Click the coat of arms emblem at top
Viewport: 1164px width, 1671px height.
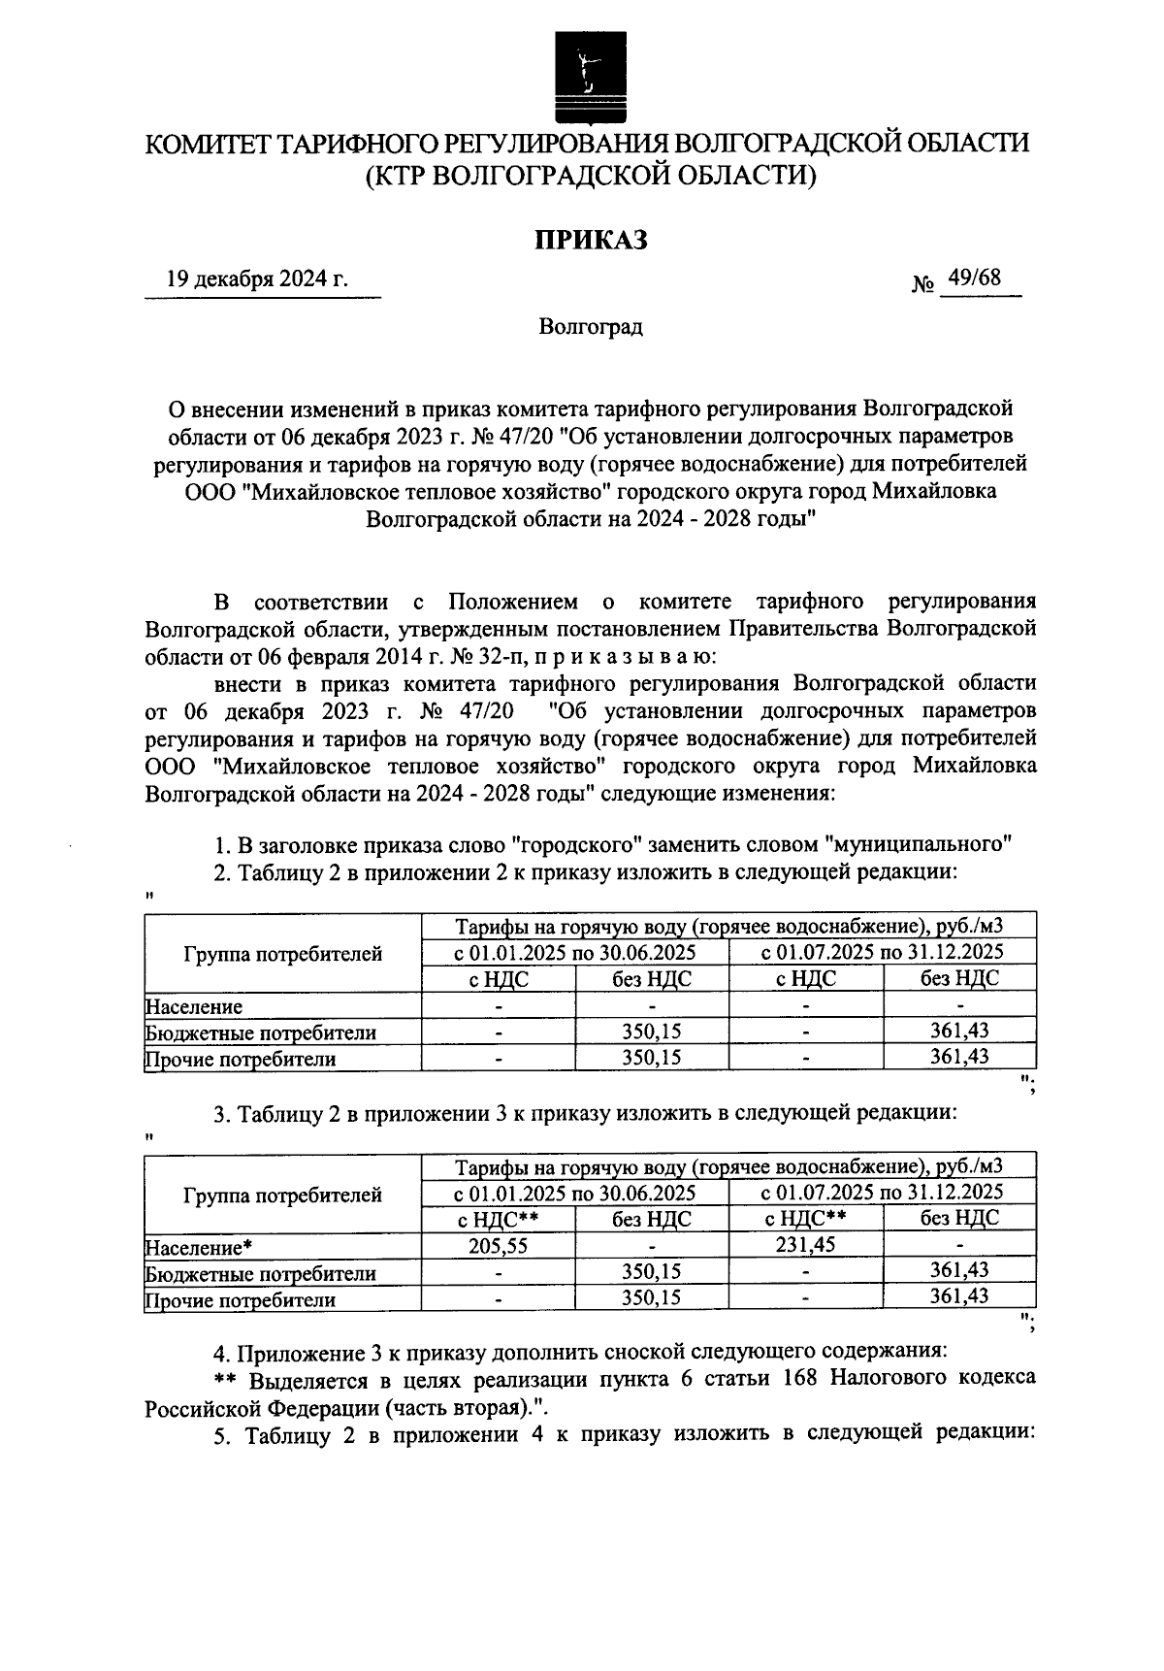point(585,73)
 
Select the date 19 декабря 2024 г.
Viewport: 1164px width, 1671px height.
point(257,280)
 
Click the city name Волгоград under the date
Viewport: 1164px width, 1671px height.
point(591,327)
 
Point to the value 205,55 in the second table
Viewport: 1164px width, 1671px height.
point(498,1246)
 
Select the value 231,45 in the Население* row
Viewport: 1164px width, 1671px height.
point(805,1244)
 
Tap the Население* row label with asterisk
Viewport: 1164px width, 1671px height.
point(199,1248)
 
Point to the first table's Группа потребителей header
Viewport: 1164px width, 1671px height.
point(282,954)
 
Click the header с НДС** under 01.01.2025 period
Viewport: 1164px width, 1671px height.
point(498,1220)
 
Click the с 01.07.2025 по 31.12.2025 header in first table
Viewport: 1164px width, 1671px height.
point(882,951)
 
